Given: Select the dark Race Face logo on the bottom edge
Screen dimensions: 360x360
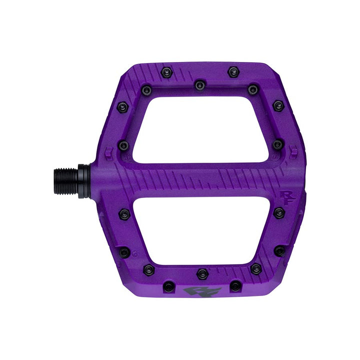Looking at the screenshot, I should [199, 291].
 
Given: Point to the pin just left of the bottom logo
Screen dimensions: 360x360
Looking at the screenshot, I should [169, 286].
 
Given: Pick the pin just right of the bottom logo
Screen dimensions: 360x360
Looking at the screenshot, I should [234, 286].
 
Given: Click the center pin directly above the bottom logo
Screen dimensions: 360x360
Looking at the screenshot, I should [202, 273].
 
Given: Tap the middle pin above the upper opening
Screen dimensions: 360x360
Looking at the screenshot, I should [200, 85].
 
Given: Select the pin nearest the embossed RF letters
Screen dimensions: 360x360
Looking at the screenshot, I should [279, 212].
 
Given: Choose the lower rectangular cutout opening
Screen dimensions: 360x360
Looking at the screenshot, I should [202, 230].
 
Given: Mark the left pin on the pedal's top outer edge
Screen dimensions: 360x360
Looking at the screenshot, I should [165, 73].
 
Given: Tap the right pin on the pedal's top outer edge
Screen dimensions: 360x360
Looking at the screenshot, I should [232, 72].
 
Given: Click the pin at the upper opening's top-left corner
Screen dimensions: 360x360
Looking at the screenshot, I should [146, 90].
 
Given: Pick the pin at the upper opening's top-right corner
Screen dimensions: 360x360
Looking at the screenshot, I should [253, 90].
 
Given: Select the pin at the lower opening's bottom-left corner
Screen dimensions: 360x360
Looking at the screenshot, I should [148, 269].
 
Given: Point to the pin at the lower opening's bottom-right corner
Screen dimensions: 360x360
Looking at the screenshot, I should [255, 269].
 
